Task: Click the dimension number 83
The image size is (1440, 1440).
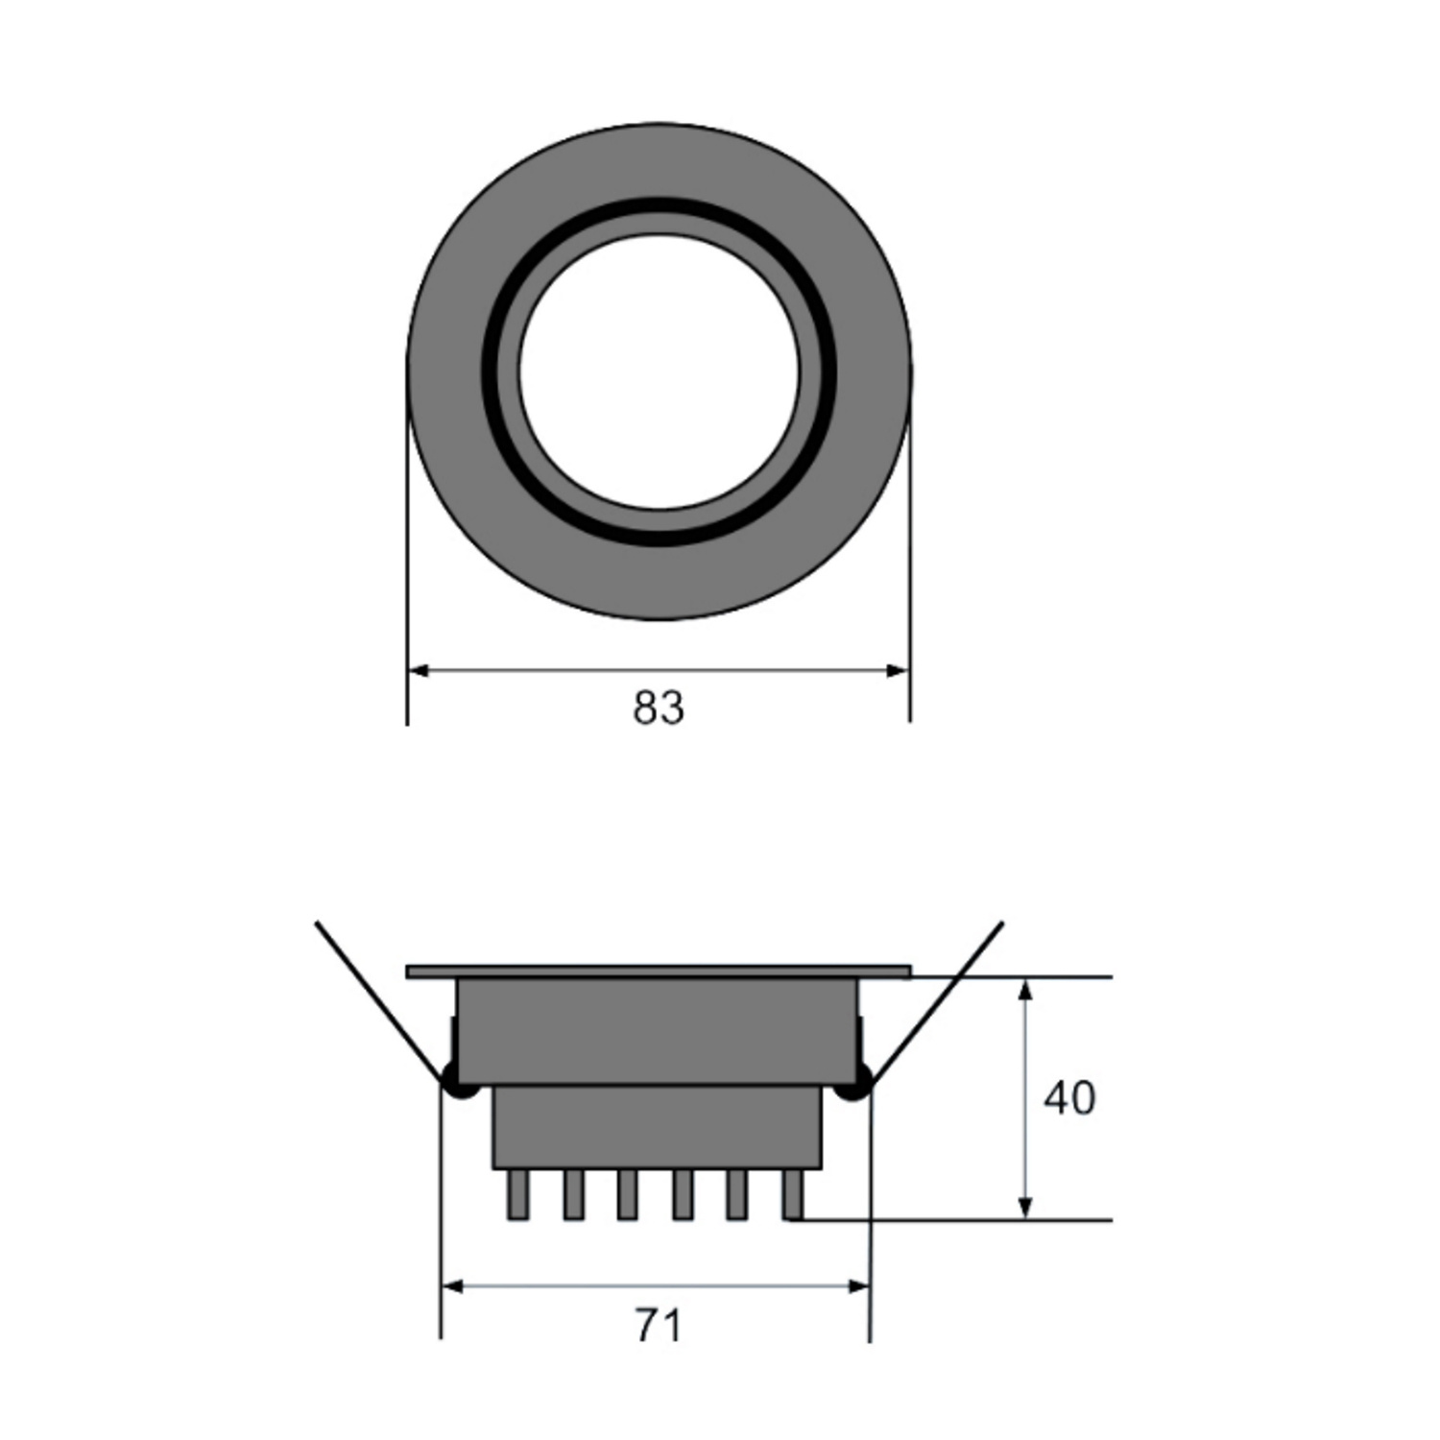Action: (x=659, y=708)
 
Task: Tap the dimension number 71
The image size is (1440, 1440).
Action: (x=659, y=1326)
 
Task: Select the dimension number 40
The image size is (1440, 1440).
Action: (x=1069, y=1097)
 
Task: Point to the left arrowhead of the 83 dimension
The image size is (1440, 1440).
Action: (x=419, y=670)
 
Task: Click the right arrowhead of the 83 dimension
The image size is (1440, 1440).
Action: (x=898, y=670)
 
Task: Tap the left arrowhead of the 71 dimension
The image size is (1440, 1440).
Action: (x=452, y=1286)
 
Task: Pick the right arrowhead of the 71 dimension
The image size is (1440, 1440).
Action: (x=858, y=1286)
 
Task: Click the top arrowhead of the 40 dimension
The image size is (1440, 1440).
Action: (x=1025, y=990)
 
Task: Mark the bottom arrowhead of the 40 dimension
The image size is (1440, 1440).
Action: (x=1025, y=1208)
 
